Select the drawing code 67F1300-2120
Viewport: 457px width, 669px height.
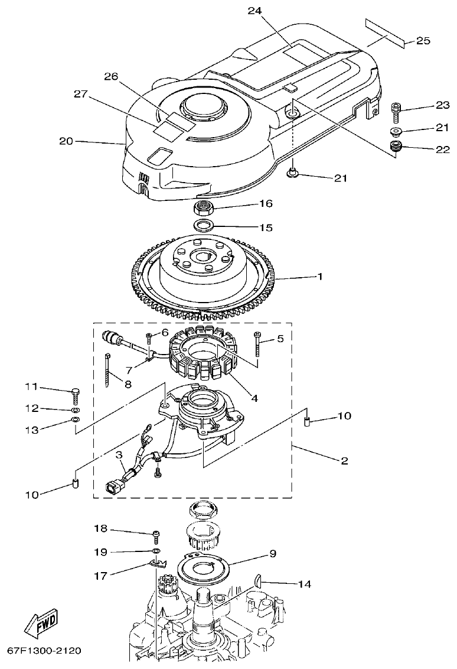click(x=44, y=650)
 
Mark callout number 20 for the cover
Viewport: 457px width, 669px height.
click(x=66, y=141)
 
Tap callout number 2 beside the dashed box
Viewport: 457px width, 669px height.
click(x=343, y=462)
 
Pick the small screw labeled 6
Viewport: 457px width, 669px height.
click(x=150, y=337)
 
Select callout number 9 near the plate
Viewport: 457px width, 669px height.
click(x=273, y=554)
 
